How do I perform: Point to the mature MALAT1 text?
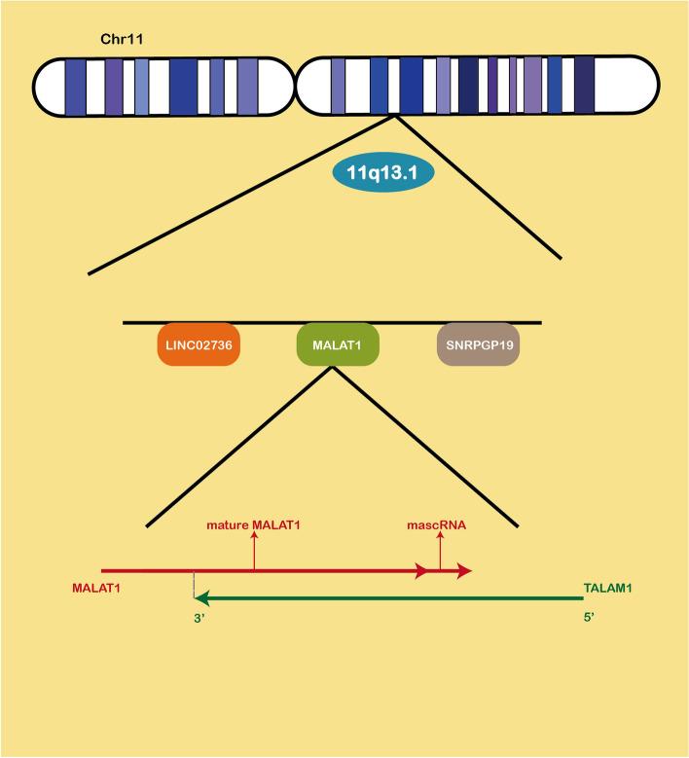tap(254, 525)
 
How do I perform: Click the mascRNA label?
tap(436, 525)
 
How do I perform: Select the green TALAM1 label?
tap(607, 589)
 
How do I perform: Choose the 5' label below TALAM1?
tap(590, 617)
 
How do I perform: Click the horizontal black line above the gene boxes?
tap(331, 321)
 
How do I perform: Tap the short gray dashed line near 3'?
tap(195, 584)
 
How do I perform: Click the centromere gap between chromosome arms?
tap(294, 86)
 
